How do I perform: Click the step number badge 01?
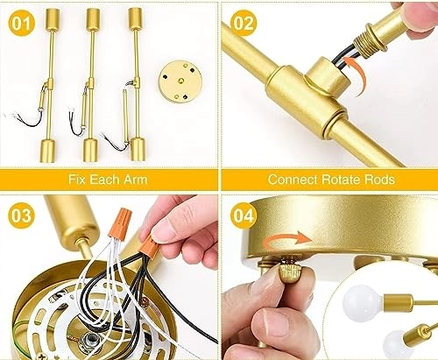22,23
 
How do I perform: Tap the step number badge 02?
244,23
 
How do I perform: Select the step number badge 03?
22,215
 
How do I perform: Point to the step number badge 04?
244,215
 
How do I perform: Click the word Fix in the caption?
77,180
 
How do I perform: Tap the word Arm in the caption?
135,180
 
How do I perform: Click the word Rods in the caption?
379,180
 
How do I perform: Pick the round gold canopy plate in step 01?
181,82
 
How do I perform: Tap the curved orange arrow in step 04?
287,238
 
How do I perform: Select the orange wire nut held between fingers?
150,246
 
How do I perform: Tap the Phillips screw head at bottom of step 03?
41,355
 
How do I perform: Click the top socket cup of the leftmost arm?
53,18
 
